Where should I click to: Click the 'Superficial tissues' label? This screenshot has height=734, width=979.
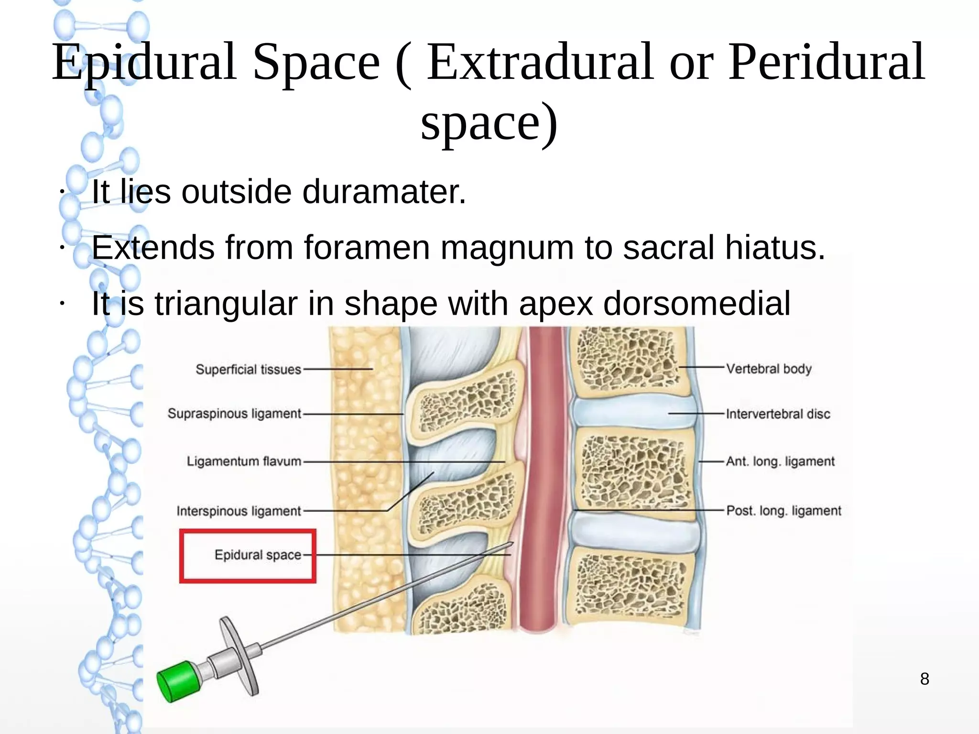click(x=248, y=370)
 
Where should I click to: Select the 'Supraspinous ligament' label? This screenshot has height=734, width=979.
click(x=234, y=414)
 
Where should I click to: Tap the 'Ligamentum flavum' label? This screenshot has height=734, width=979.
click(x=244, y=461)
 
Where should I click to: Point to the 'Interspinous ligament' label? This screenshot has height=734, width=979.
click(x=239, y=511)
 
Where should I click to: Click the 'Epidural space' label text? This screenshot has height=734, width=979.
click(x=258, y=555)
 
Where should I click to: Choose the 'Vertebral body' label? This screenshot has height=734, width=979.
click(x=769, y=369)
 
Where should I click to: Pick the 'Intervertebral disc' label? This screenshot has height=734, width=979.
click(x=778, y=414)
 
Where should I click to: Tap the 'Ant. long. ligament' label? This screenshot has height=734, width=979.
click(x=780, y=461)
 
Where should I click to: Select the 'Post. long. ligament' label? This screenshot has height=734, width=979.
click(x=783, y=511)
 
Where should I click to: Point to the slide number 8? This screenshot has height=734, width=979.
click(x=925, y=679)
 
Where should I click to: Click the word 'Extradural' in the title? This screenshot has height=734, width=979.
click(x=539, y=62)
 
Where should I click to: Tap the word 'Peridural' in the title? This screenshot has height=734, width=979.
click(x=826, y=62)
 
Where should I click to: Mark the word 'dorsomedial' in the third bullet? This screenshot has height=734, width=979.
click(x=696, y=304)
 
